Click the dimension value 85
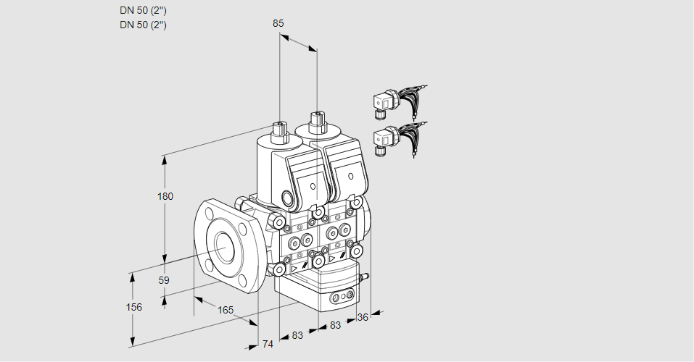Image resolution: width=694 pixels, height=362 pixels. point(278,23)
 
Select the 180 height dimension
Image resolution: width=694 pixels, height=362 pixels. point(166,196)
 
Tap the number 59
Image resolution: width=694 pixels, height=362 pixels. point(164,280)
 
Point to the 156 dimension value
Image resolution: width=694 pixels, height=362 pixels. point(133,307)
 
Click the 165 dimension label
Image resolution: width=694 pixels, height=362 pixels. point(226,310)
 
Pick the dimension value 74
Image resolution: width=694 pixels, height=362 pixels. point(268,344)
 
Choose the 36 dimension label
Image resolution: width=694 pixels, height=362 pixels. point(363,316)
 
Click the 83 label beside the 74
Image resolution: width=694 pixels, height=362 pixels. point(297,334)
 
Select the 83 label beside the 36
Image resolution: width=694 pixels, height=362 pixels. point(335,325)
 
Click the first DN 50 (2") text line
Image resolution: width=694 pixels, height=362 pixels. point(143,11)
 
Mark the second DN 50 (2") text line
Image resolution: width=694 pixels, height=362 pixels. point(143,25)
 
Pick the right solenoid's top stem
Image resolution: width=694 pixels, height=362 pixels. point(316,121)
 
